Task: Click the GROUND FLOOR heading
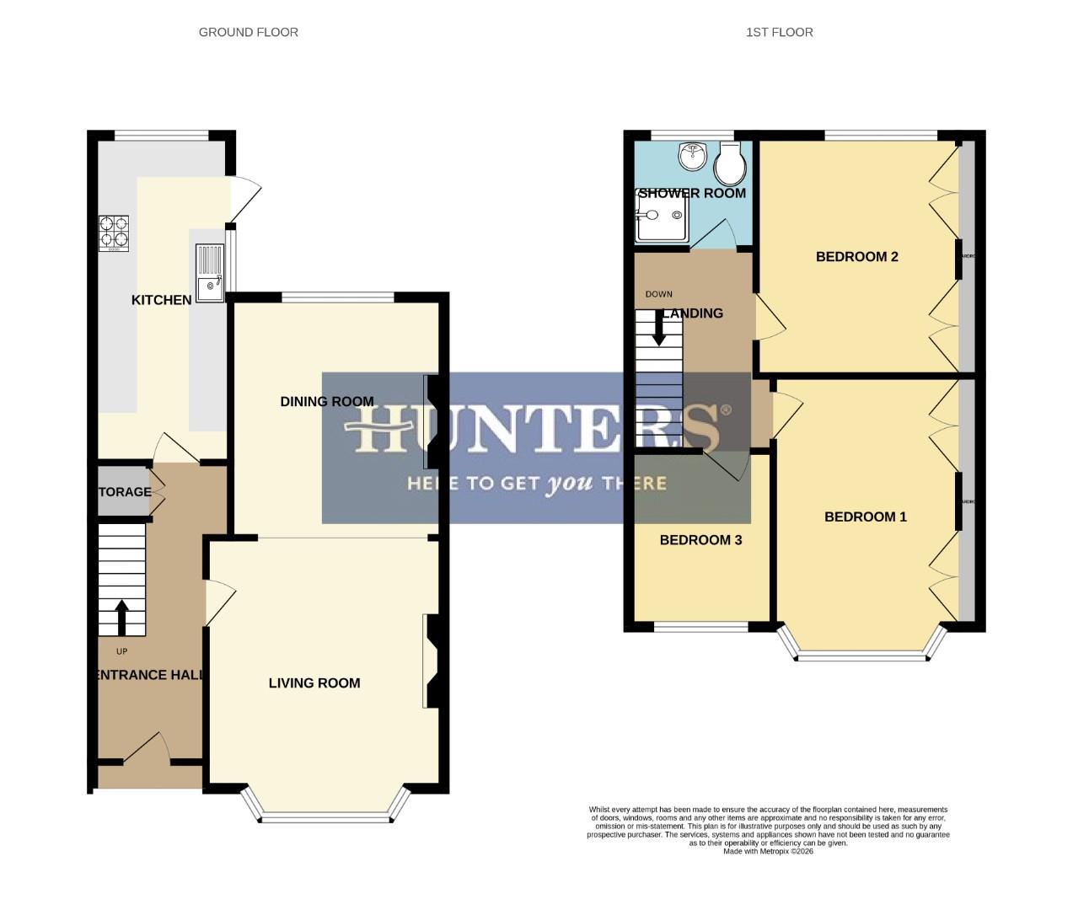(249, 32)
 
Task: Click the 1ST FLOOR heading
(779, 32)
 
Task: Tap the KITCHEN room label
(161, 300)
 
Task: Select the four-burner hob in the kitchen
(115, 233)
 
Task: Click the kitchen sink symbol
(210, 271)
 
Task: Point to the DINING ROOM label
(327, 402)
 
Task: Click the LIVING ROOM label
(314, 683)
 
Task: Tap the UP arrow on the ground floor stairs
(121, 617)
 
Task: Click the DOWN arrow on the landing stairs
(659, 328)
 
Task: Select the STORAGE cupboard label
(125, 492)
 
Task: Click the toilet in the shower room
(729, 164)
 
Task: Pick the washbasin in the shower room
(693, 154)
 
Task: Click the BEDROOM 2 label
(856, 257)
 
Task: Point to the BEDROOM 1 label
(865, 517)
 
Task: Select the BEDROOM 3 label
(700, 540)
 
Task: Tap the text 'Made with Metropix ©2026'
(768, 851)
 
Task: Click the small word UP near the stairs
(121, 651)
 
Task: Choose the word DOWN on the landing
(659, 294)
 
